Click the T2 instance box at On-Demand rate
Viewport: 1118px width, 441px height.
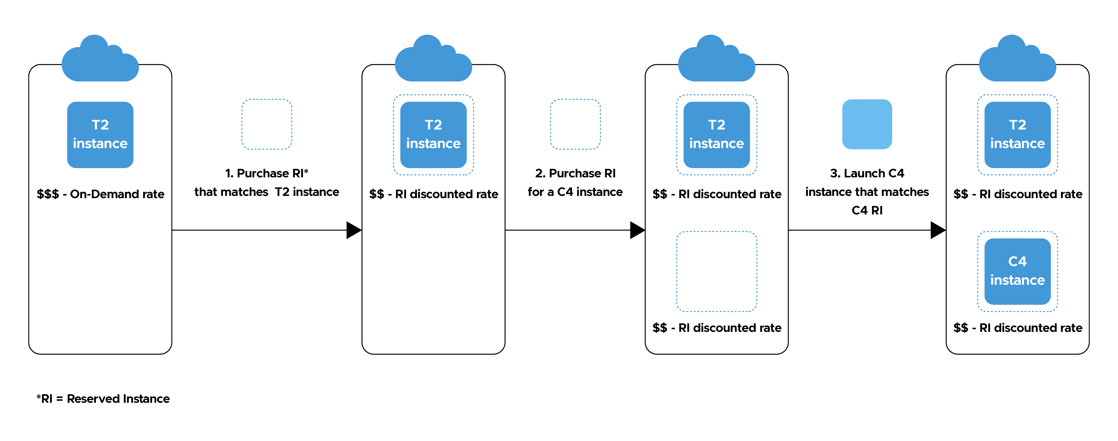(x=100, y=135)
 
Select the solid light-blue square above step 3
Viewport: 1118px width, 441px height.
(x=867, y=124)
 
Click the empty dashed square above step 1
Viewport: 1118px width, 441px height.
(x=267, y=124)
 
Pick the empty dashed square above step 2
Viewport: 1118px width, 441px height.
(x=575, y=124)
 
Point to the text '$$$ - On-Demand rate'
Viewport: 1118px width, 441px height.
(x=100, y=194)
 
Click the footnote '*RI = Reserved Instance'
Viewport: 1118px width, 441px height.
(x=103, y=399)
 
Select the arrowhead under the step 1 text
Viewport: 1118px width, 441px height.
(x=353, y=230)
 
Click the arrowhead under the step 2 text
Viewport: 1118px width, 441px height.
(x=637, y=230)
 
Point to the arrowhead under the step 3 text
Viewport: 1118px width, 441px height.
(x=938, y=230)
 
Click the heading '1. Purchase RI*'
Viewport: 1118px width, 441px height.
(x=267, y=173)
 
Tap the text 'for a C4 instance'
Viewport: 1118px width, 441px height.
(x=575, y=192)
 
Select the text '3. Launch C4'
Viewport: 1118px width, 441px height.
(x=867, y=173)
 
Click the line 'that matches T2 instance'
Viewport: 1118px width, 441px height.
(x=267, y=192)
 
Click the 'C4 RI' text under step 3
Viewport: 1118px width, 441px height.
(x=867, y=210)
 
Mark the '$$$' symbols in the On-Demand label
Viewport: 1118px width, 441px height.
(x=48, y=194)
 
